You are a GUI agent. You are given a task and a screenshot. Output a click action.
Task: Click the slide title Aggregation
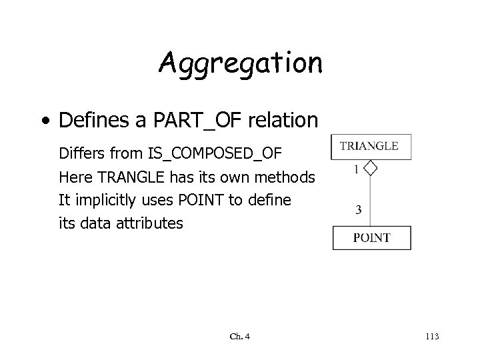tap(240, 64)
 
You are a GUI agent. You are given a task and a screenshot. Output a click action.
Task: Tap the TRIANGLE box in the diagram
tap(371, 146)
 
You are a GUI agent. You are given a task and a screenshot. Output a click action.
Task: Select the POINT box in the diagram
tap(371, 238)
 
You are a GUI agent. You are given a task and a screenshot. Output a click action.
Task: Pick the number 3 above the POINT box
tap(359, 211)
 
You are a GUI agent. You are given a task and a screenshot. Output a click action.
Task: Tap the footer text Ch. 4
tap(241, 337)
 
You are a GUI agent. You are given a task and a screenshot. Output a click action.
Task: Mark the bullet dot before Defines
tap(44, 121)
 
